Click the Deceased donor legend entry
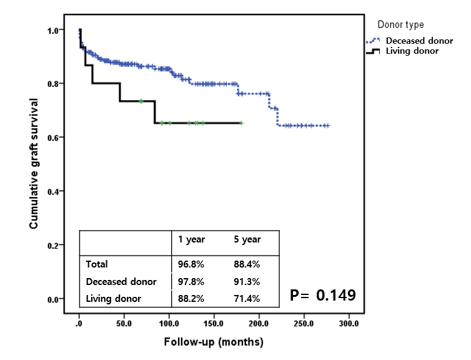[x=419, y=41]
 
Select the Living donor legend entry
[x=412, y=51]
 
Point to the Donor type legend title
[x=400, y=24]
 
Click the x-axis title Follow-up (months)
[x=214, y=342]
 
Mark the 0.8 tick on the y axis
[x=54, y=83]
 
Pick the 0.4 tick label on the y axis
[x=54, y=191]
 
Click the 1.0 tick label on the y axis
[x=54, y=30]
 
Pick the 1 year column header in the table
[x=191, y=239]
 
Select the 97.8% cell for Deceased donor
[x=191, y=282]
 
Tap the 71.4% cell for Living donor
[x=247, y=299]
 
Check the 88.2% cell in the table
[x=191, y=299]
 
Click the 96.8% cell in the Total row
[x=191, y=264]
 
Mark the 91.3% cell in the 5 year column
[x=247, y=282]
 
